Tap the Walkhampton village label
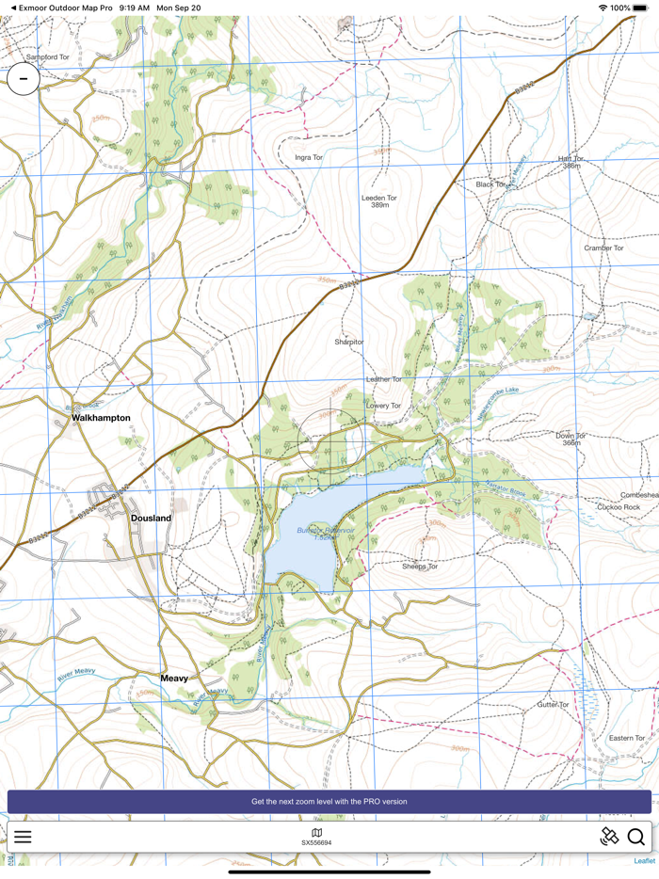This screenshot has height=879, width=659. (101, 418)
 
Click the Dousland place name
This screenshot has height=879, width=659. (151, 519)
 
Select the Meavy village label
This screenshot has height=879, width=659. (174, 679)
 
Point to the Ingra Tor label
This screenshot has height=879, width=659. (309, 157)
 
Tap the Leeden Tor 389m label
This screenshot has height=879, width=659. (379, 200)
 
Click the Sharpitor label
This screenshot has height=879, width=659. (348, 343)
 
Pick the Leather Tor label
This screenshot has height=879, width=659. (384, 379)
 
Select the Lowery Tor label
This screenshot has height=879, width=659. (384, 406)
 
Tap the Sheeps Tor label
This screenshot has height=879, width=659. (420, 567)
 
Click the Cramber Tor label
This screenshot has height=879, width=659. (603, 248)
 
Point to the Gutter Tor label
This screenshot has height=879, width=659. (553, 704)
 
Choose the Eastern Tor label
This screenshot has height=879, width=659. (627, 738)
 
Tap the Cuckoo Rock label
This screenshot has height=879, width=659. (619, 507)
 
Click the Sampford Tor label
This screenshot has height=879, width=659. (48, 57)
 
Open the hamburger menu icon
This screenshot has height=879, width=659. (23, 837)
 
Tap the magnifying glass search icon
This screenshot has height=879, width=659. (636, 837)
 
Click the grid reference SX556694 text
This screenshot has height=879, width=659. (316, 843)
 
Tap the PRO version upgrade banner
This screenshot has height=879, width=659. (329, 802)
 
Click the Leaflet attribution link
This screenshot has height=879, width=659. (644, 861)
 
